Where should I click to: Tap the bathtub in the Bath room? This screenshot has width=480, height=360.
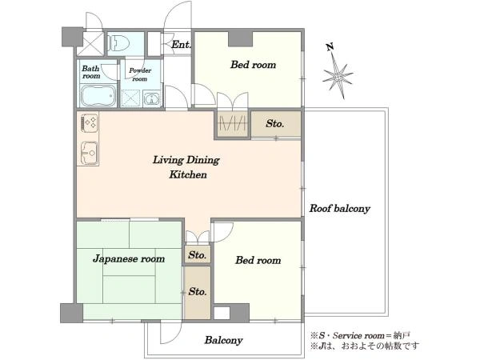point(98,95)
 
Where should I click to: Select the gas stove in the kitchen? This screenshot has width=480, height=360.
point(90,122)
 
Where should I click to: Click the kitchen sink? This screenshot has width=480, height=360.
point(90,153)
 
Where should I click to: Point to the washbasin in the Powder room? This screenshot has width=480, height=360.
point(151,99)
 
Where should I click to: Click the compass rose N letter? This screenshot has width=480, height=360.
point(330,47)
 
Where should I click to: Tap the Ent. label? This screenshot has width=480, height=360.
point(182,45)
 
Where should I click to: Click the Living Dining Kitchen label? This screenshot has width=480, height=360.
point(186,167)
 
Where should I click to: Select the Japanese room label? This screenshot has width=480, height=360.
point(129,259)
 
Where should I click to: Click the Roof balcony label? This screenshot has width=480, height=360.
point(340,209)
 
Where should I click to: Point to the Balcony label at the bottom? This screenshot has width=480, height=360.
point(224,340)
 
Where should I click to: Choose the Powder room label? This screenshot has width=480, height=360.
point(140,74)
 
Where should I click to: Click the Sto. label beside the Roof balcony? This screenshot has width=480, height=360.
point(275,124)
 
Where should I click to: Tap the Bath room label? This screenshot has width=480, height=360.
point(91,72)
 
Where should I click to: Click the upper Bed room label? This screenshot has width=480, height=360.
point(253,65)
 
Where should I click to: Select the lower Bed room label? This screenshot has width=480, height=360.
point(258,260)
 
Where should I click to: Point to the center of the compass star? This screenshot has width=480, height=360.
point(338,76)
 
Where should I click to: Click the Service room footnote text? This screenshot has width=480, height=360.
point(360,336)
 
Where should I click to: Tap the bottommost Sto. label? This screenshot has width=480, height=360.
point(198,292)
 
